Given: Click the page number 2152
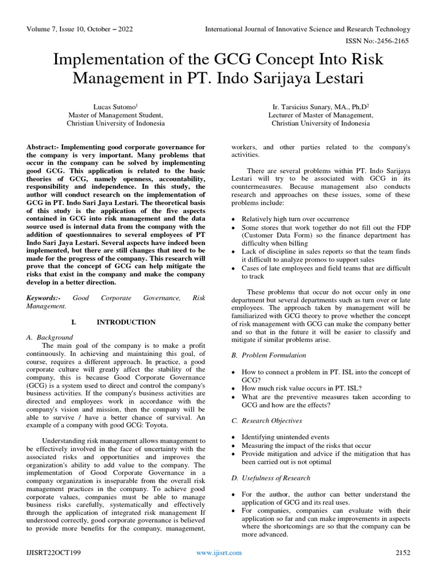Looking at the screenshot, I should click(402, 552).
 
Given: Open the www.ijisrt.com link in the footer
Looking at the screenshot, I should click(219, 552).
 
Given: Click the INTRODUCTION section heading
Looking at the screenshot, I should click(126, 322).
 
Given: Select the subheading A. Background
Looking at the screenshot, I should click(50, 337).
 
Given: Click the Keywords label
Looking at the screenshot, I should click(43, 297).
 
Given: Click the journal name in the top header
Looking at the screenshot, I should click(307, 29).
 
